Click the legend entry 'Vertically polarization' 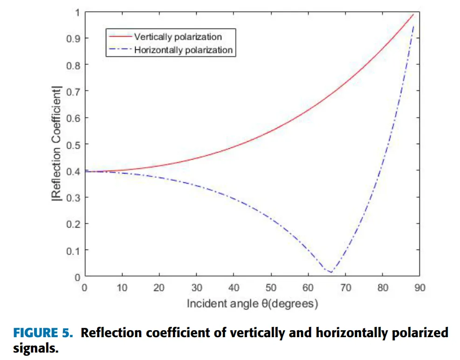[178, 37]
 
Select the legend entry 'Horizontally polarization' [183, 50]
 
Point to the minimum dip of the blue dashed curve [330, 272]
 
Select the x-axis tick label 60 [308, 288]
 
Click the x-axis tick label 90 [420, 288]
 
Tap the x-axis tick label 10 [122, 288]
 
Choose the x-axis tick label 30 [196, 288]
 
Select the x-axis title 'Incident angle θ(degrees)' [252, 304]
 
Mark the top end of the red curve [413, 14]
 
